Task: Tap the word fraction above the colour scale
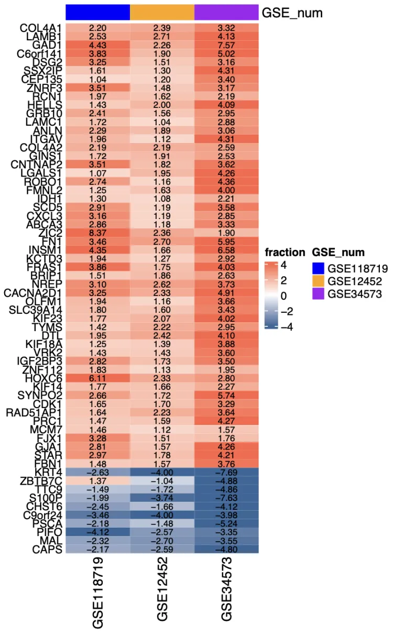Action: click(x=285, y=253)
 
